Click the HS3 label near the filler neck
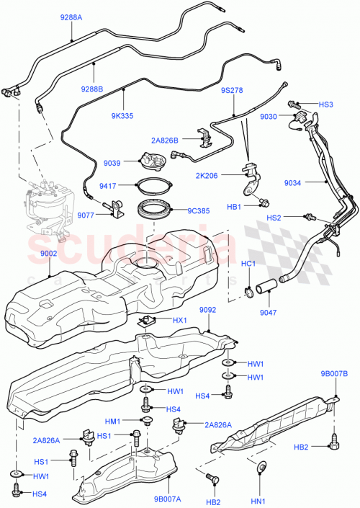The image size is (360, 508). click(326, 104)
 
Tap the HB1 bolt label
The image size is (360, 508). click(235, 206)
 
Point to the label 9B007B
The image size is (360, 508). click(333, 374)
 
